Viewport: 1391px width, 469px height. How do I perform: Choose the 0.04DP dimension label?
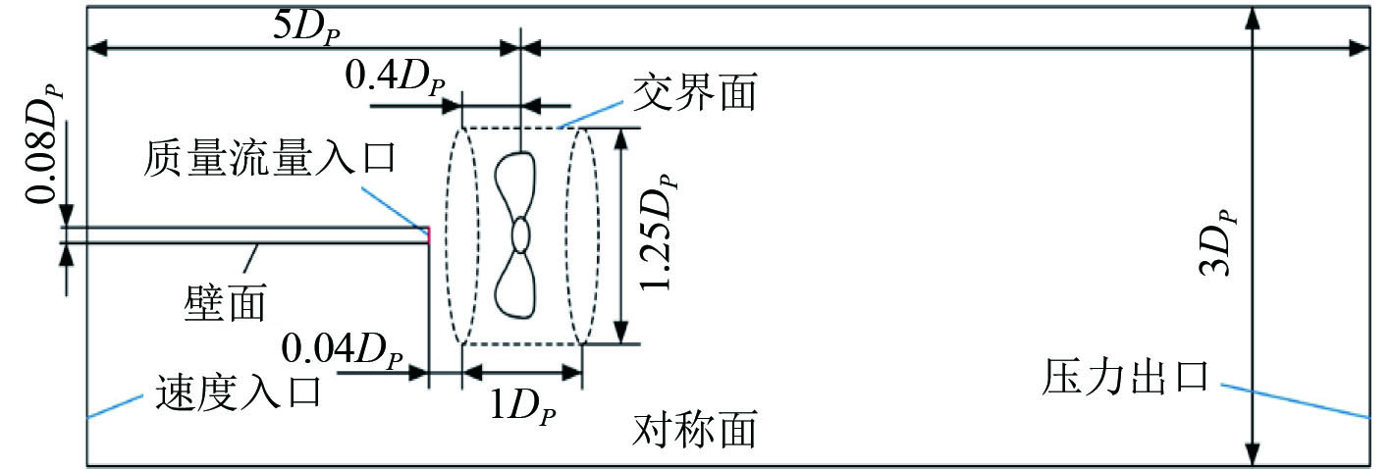[341, 347]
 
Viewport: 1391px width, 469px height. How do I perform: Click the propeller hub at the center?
[520, 235]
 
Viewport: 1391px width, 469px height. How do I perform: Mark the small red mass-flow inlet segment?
[428, 233]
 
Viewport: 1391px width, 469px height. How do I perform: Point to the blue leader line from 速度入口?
[117, 405]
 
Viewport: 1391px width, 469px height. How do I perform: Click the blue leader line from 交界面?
[588, 116]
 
